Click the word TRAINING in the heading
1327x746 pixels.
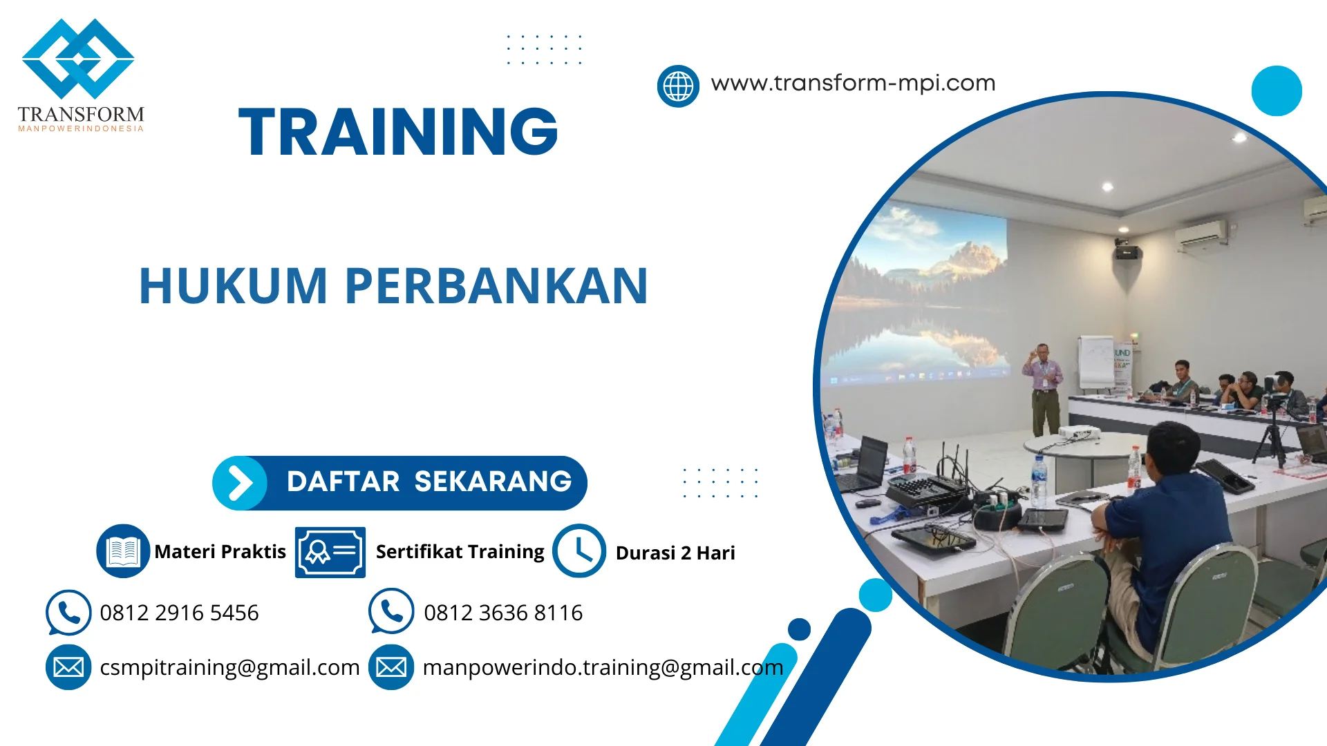[398, 132]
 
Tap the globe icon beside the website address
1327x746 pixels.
[678, 86]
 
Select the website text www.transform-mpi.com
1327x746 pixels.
[853, 83]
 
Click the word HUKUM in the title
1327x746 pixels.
[233, 286]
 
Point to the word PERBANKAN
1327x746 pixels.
[496, 286]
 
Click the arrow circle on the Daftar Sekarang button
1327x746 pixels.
[240, 483]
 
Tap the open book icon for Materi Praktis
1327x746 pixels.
[123, 551]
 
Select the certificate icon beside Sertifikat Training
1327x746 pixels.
[330, 552]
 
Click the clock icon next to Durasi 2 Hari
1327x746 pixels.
[578, 551]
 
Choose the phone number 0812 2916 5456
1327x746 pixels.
[179, 613]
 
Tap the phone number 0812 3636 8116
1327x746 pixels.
[502, 613]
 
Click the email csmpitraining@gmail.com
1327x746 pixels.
[229, 667]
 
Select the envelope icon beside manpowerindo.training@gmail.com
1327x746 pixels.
[391, 667]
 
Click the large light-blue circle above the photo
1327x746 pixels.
[1276, 90]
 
